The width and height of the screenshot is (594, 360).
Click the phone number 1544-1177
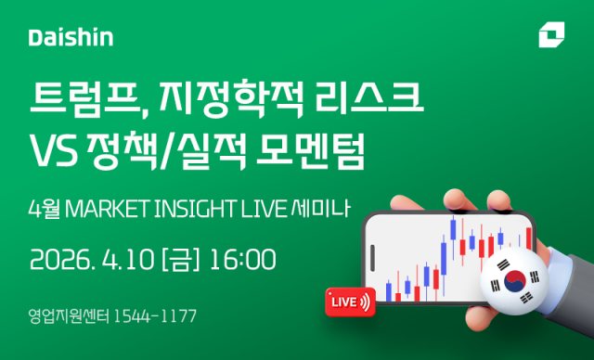tap(154, 316)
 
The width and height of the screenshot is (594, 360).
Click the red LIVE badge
tap(351, 301)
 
